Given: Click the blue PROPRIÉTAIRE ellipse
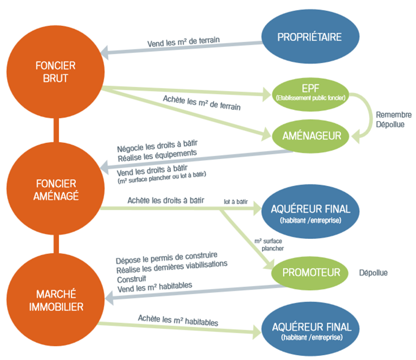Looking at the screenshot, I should pos(309,38).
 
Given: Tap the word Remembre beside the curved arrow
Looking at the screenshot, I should pos(393,115).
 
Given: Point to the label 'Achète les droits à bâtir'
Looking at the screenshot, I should pos(166,200).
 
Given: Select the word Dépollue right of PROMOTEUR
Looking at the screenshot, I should pos(373,273).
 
